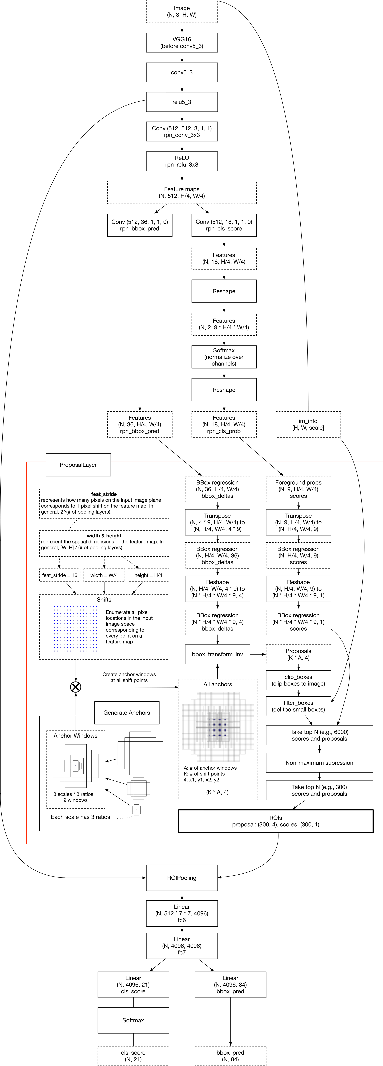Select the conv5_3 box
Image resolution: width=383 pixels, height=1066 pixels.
tap(182, 72)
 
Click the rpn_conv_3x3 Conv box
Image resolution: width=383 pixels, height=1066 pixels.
tap(182, 132)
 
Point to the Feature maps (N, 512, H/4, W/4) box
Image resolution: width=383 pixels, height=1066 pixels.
tap(182, 192)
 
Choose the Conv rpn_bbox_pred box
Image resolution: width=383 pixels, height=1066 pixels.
tap(140, 225)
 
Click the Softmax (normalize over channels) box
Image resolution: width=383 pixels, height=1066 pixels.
tap(224, 357)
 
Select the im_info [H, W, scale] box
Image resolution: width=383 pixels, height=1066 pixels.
tap(308, 424)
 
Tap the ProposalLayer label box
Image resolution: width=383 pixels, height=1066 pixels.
tap(78, 465)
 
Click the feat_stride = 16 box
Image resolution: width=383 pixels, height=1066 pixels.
tap(60, 575)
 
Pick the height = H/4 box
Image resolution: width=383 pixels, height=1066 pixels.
tap(148, 575)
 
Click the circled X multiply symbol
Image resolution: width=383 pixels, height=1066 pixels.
tap(75, 687)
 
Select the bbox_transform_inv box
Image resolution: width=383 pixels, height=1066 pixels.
tap(217, 654)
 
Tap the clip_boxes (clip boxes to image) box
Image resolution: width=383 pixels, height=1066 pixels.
tap(298, 680)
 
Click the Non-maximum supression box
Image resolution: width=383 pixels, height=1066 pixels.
tap(319, 763)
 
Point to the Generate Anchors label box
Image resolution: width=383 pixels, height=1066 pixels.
tap(127, 713)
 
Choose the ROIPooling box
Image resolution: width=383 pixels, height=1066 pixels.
tap(182, 878)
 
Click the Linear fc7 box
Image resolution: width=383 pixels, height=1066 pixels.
tap(182, 946)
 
